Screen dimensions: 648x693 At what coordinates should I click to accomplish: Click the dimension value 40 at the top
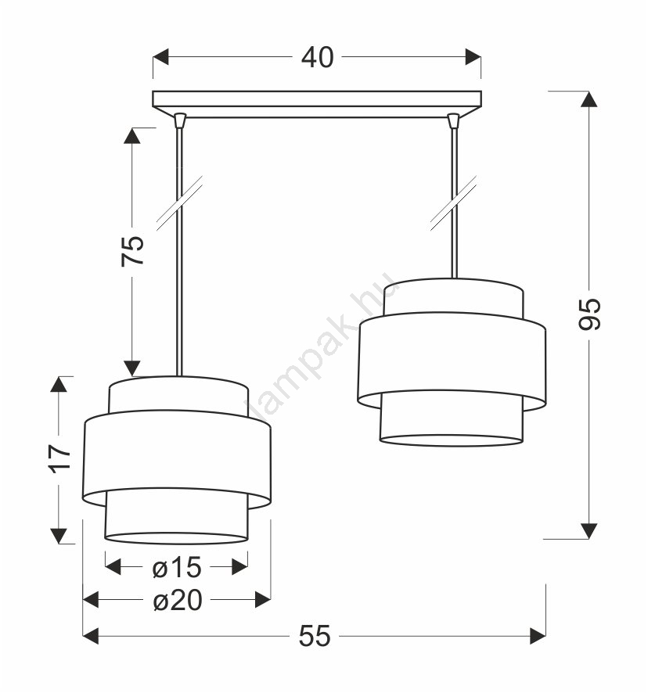(x=317, y=57)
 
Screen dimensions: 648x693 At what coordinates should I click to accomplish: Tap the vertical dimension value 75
(x=133, y=251)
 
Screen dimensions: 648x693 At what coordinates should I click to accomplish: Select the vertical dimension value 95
(x=589, y=314)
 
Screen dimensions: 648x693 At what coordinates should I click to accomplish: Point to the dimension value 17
(x=59, y=459)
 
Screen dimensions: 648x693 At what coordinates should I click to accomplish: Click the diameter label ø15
(x=177, y=568)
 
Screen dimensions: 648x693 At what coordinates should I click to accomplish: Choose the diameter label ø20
(x=178, y=601)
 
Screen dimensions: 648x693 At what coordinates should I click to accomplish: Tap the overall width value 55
(x=315, y=636)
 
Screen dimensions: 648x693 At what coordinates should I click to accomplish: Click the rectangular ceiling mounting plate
(x=317, y=104)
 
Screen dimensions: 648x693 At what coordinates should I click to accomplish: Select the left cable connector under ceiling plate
(x=179, y=120)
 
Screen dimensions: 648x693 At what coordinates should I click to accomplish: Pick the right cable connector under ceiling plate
(x=453, y=120)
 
